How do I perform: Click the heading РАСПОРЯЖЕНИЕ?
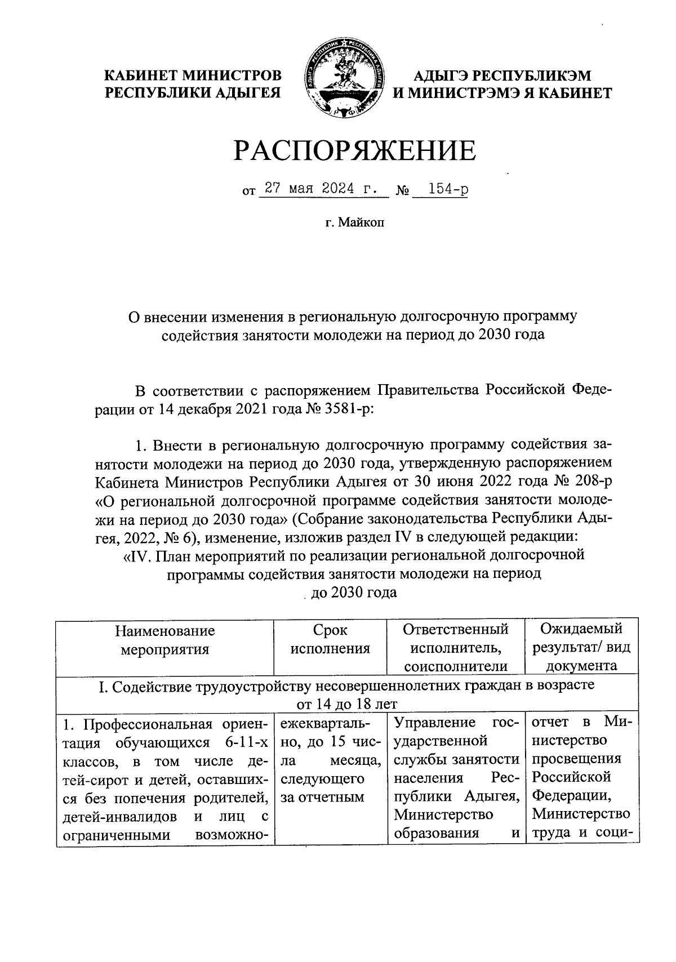[354, 150]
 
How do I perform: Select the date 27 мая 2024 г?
[322, 189]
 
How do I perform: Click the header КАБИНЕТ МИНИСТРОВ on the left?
[195, 75]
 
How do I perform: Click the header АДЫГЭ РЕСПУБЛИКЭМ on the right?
[502, 75]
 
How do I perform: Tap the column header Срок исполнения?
[330, 639]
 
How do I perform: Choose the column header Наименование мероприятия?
[165, 639]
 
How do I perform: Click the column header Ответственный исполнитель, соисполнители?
[456, 648]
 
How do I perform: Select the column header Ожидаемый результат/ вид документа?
[581, 648]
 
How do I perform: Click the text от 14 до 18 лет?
[346, 704]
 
